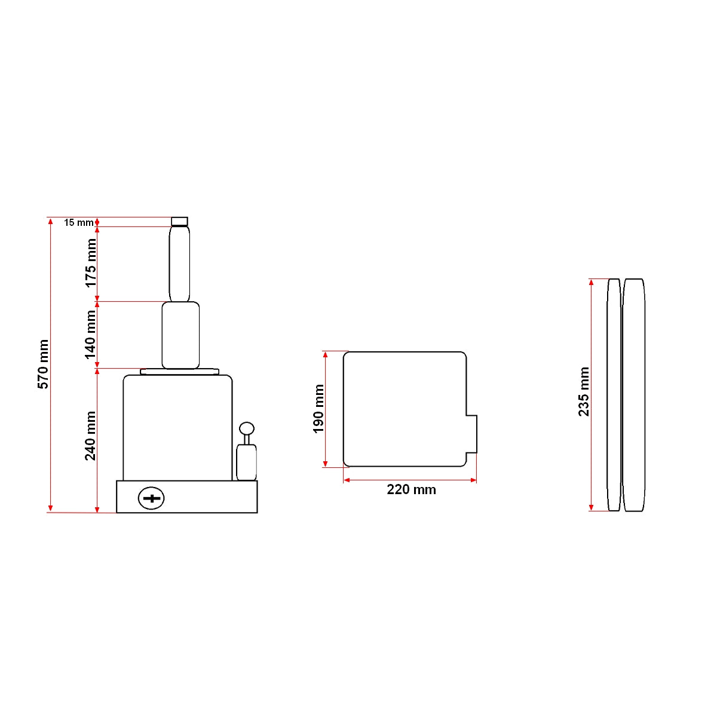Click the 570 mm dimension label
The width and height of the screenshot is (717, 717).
coord(44,364)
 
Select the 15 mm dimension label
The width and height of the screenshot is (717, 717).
coord(78,222)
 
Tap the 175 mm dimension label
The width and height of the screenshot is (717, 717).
coord(91,263)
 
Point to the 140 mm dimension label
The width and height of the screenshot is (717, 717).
coord(91,335)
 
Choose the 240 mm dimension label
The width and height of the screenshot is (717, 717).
coord(91,436)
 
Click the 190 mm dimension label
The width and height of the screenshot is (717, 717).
coord(318,409)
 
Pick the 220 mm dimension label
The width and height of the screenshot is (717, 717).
coord(411,490)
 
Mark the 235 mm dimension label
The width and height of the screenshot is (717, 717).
coord(584,392)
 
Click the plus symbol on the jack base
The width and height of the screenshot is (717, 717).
coord(151,498)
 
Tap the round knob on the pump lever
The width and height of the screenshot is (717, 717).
coord(247,428)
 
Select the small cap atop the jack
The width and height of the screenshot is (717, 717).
coord(179,221)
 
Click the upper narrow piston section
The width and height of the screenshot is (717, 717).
coord(179,263)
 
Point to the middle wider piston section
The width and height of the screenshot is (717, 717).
coord(180,335)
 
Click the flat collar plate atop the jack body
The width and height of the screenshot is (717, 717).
coord(179,372)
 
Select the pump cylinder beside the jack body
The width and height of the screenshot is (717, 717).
coord(246,462)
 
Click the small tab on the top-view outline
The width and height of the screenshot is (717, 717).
coord(471,434)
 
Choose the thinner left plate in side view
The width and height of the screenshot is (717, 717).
coord(614,394)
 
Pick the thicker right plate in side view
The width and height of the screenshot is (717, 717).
coord(633,394)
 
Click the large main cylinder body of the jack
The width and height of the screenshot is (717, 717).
coord(177,427)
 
